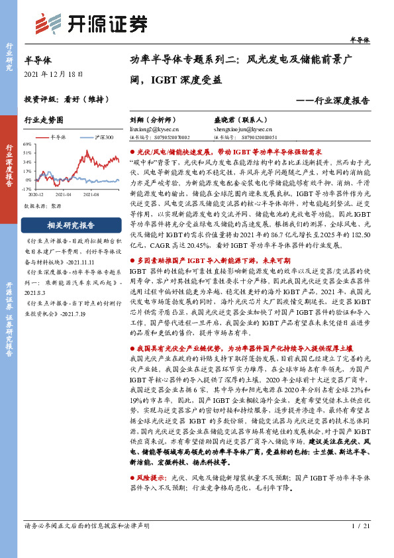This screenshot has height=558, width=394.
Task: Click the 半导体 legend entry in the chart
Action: (59, 137)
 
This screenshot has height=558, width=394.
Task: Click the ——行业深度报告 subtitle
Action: (333, 101)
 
